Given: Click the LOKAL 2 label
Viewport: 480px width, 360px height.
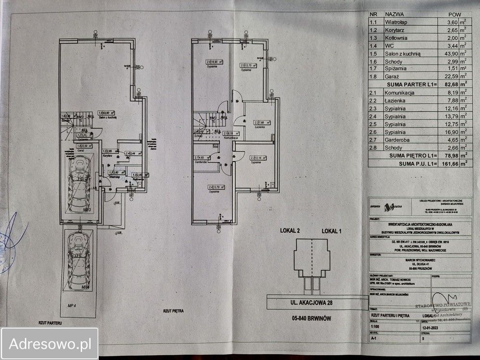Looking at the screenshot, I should pos(290,231).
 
